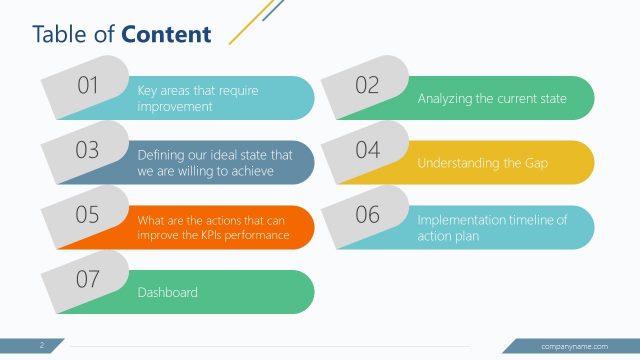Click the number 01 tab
click(88, 86)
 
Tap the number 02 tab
click(367, 86)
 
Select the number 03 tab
click(88, 150)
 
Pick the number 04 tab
click(367, 150)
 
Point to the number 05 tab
click(88, 215)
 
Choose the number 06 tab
click(367, 215)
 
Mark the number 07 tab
click(88, 279)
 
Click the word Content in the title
click(166, 35)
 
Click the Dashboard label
click(167, 293)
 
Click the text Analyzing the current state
click(492, 99)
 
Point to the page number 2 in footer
click(42, 346)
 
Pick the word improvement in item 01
click(175, 106)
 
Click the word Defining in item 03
click(159, 155)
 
